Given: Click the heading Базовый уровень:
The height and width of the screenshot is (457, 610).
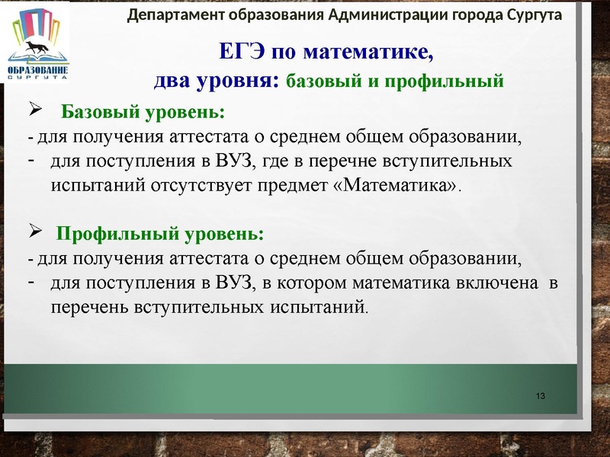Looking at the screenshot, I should pyautogui.click(x=143, y=113).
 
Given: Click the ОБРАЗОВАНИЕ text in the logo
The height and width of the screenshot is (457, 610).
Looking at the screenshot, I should pyautogui.click(x=37, y=70).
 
